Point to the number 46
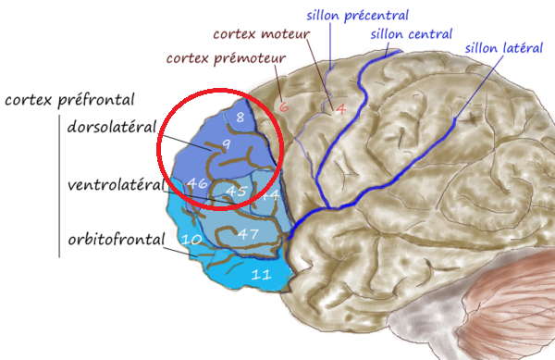pyautogui.click(x=196, y=183)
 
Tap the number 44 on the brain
pyautogui.click(x=269, y=196)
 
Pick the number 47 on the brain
pyautogui.click(x=248, y=233)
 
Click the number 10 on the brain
pyautogui.click(x=191, y=240)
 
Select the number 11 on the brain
pyautogui.click(x=261, y=274)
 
